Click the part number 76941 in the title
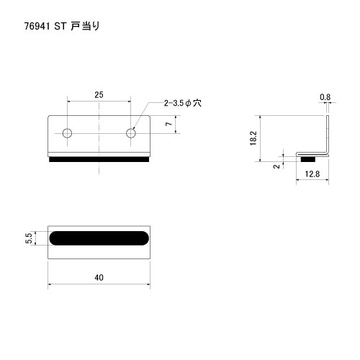pos(37,26)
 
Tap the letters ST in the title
pos(60,26)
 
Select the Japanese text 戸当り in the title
pos(85,26)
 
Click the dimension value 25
pos(99,95)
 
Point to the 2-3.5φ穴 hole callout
pos(183,103)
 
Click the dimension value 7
pos(169,124)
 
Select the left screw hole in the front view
pos(67,133)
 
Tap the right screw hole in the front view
pos(131,133)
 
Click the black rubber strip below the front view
pos(99,159)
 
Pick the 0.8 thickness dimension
pos(325,97)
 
